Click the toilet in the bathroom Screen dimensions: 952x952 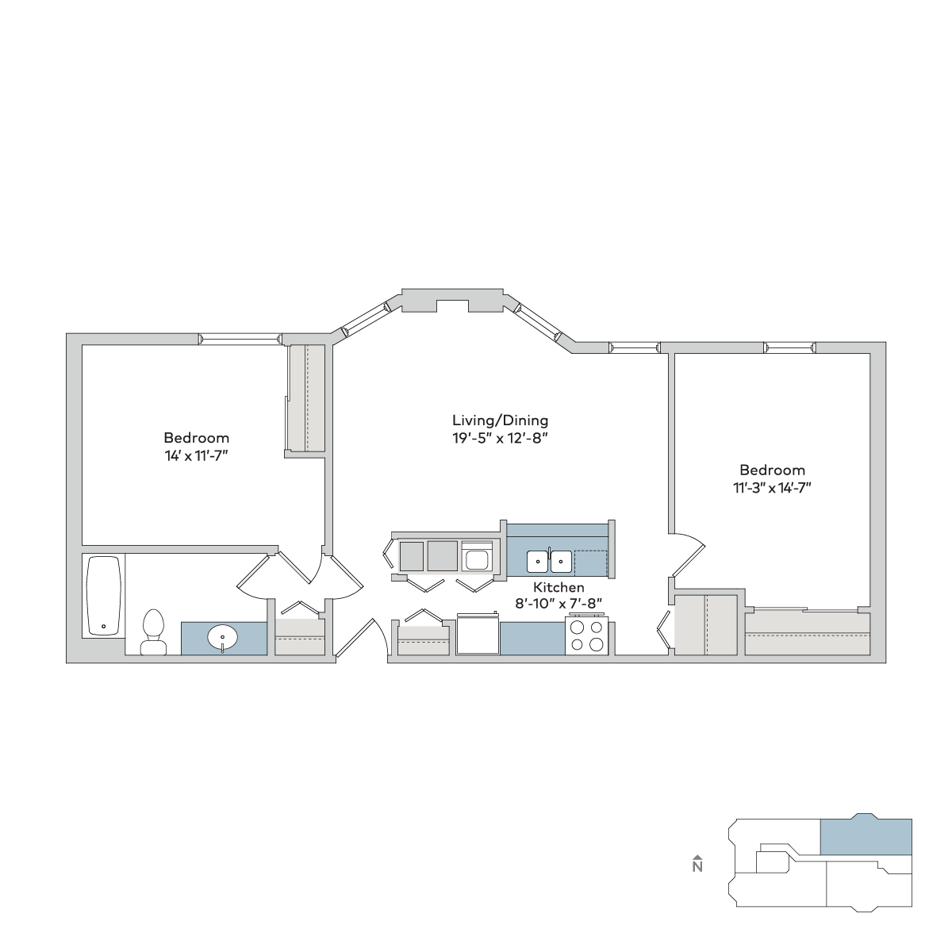tap(152, 632)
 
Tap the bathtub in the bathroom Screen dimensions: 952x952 tap(104, 596)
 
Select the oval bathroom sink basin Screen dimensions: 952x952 tap(222, 637)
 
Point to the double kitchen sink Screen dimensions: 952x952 tap(549, 562)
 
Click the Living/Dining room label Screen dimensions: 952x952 tap(501, 420)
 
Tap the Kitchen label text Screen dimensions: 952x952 tap(559, 587)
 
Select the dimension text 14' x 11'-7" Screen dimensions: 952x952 tap(197, 455)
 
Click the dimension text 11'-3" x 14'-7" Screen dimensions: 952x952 tap(772, 488)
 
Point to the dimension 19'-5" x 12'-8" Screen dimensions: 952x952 tap(501, 438)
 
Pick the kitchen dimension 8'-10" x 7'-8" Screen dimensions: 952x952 tap(559, 603)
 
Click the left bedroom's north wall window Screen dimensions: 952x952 tap(240, 339)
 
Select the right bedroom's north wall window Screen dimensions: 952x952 tap(789, 347)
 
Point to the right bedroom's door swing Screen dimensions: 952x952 tap(687, 556)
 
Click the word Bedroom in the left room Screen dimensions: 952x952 tap(197, 438)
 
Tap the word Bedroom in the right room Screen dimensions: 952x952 tap(772, 470)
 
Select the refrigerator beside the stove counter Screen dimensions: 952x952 tap(478, 635)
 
